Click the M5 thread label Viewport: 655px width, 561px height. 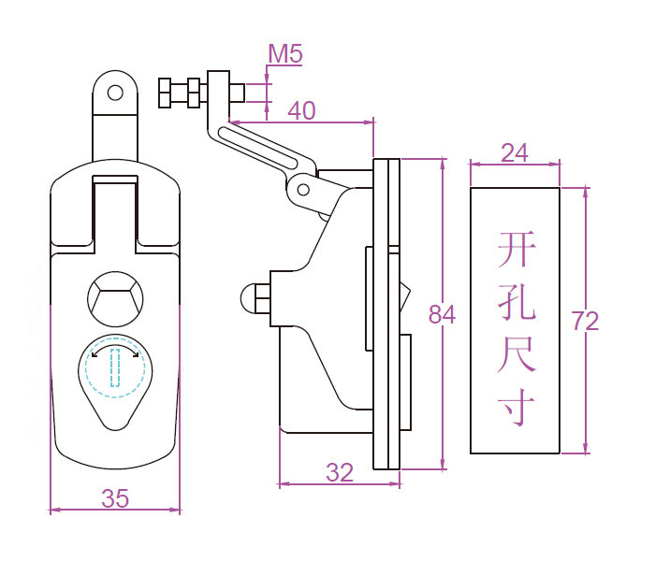(x=285, y=54)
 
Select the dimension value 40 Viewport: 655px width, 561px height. (x=301, y=110)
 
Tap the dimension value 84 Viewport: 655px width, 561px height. (x=442, y=315)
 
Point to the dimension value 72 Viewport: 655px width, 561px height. (x=585, y=322)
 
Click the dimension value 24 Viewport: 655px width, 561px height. (x=514, y=152)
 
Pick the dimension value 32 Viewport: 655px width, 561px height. (x=340, y=473)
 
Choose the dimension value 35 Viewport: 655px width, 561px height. (x=115, y=499)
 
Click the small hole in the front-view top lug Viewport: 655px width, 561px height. (x=115, y=93)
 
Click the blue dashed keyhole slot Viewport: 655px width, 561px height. (x=115, y=367)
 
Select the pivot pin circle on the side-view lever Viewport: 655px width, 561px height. (x=303, y=189)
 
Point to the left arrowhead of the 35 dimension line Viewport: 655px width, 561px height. (x=53, y=510)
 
